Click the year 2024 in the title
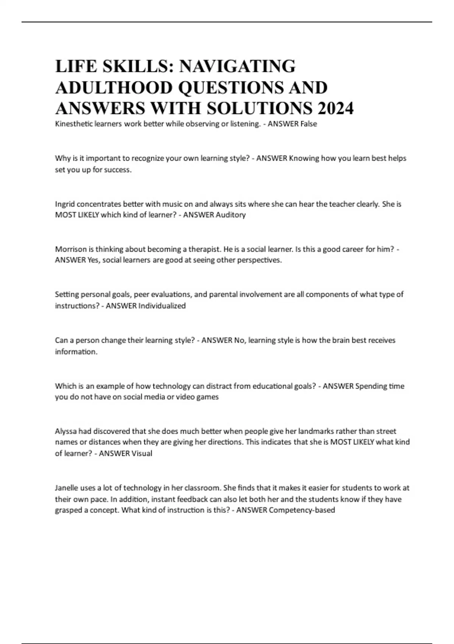tap(336, 108)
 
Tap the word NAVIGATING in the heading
tap(237, 66)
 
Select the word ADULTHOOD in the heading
tap(114, 88)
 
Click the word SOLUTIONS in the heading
tap(261, 108)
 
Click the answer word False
tap(308, 124)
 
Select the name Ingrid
tap(65, 204)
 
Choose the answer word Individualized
tap(162, 306)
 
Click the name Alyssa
tap(66, 431)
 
